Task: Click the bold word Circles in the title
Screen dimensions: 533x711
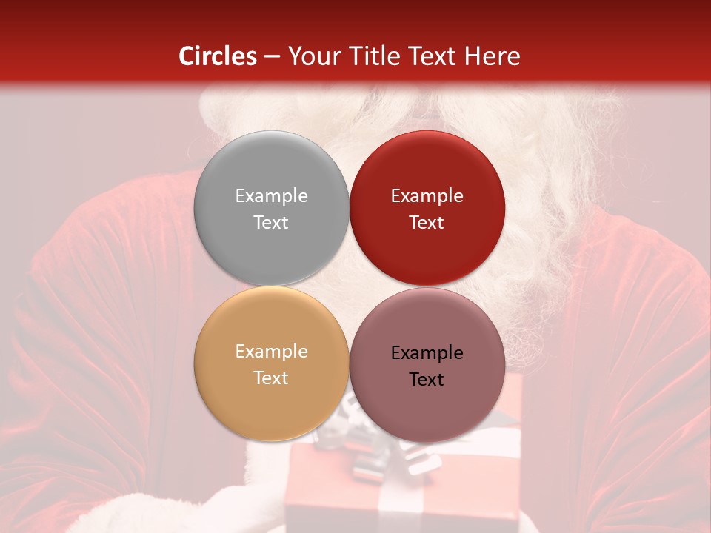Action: point(217,56)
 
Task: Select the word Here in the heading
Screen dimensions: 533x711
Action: point(492,56)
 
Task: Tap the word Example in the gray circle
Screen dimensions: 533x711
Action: point(271,195)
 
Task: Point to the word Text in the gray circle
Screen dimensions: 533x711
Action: point(271,222)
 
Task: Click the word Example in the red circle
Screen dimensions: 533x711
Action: point(427,195)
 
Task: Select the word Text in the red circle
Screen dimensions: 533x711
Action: point(427,222)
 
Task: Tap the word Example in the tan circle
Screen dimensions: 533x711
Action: point(271,351)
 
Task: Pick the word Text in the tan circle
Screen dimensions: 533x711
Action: point(271,378)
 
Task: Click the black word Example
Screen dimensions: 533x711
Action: point(427,352)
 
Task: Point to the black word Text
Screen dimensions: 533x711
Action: point(427,379)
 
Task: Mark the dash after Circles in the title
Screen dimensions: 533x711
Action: point(272,56)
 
